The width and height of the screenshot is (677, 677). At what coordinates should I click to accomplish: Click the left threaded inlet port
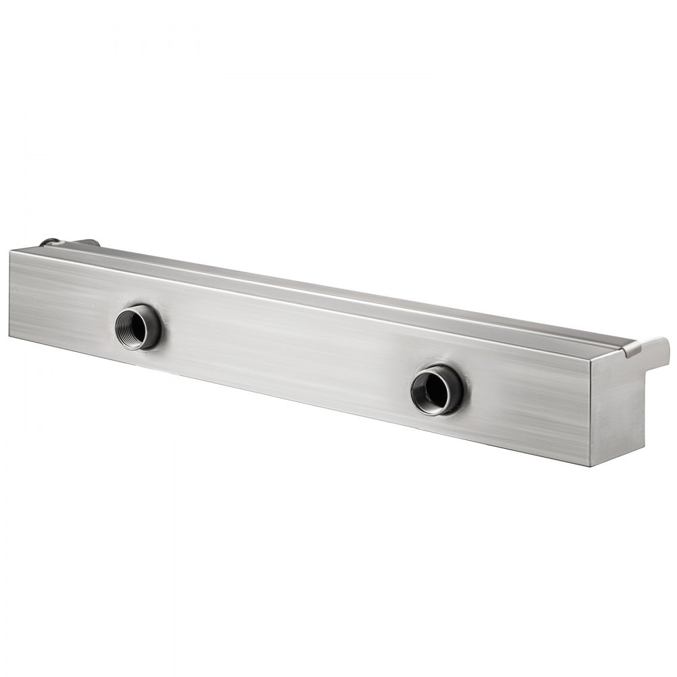coord(137,327)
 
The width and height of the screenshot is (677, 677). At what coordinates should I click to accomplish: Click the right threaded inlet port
coord(437,389)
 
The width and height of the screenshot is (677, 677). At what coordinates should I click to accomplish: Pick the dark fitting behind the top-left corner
coord(49,242)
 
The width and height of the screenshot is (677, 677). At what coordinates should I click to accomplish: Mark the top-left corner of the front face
coord(11,251)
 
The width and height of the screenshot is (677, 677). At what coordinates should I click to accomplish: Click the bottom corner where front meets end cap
coord(590,466)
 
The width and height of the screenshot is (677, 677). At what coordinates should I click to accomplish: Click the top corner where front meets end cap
coord(592,359)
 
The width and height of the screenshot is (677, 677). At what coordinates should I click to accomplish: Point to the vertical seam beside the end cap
coord(591,413)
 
